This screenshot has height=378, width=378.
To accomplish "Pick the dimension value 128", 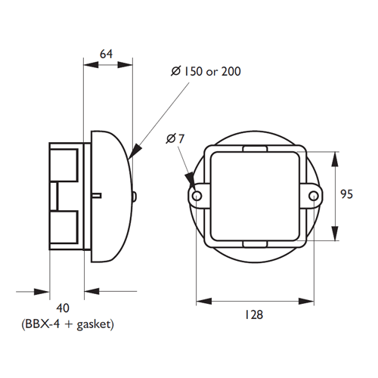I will [x=254, y=316].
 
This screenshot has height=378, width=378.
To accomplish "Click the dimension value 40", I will [x=63, y=308].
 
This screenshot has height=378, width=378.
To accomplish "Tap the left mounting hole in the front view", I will [x=197, y=196].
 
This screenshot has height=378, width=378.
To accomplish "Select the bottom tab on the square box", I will [x=254, y=243].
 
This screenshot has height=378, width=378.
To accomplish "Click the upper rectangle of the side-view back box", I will [x=64, y=165].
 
